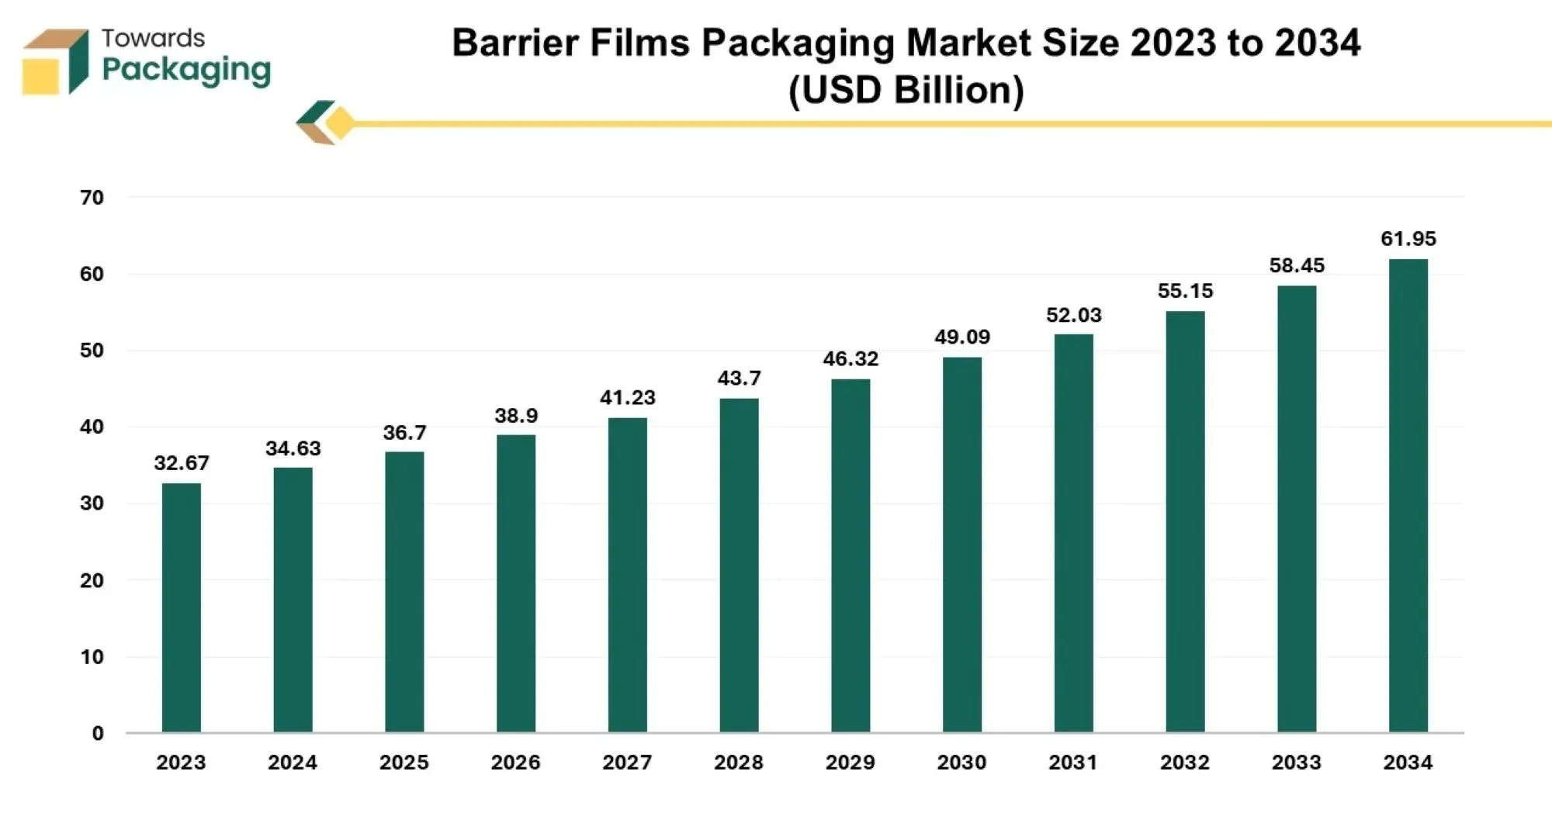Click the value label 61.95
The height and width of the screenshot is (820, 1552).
click(1408, 239)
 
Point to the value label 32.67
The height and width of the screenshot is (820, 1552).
click(181, 463)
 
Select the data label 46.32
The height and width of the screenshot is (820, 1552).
click(850, 359)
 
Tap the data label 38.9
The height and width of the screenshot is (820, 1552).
click(516, 416)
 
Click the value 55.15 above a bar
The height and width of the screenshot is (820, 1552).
click(1185, 291)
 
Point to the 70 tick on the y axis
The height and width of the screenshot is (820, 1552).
click(92, 198)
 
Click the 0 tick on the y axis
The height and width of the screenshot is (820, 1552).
click(97, 733)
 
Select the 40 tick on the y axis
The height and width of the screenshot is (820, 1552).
click(92, 427)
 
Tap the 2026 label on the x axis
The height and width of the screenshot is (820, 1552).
click(515, 763)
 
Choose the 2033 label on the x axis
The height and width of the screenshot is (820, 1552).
click(1296, 763)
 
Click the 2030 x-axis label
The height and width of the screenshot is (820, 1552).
click(961, 763)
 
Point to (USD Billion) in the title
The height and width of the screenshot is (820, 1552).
click(906, 90)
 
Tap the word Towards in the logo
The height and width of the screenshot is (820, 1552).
click(153, 38)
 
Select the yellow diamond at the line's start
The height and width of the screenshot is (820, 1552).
click(339, 123)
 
